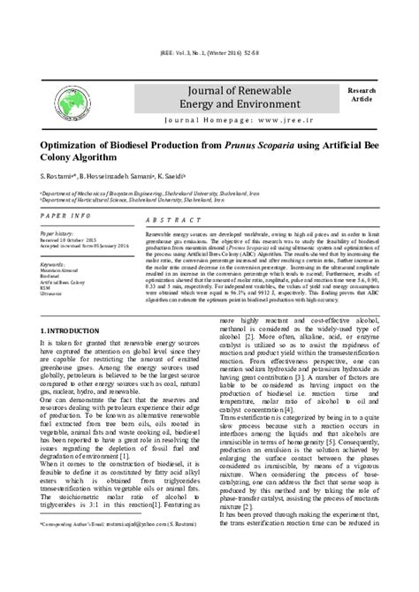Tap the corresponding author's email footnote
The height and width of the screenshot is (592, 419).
[127, 561]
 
